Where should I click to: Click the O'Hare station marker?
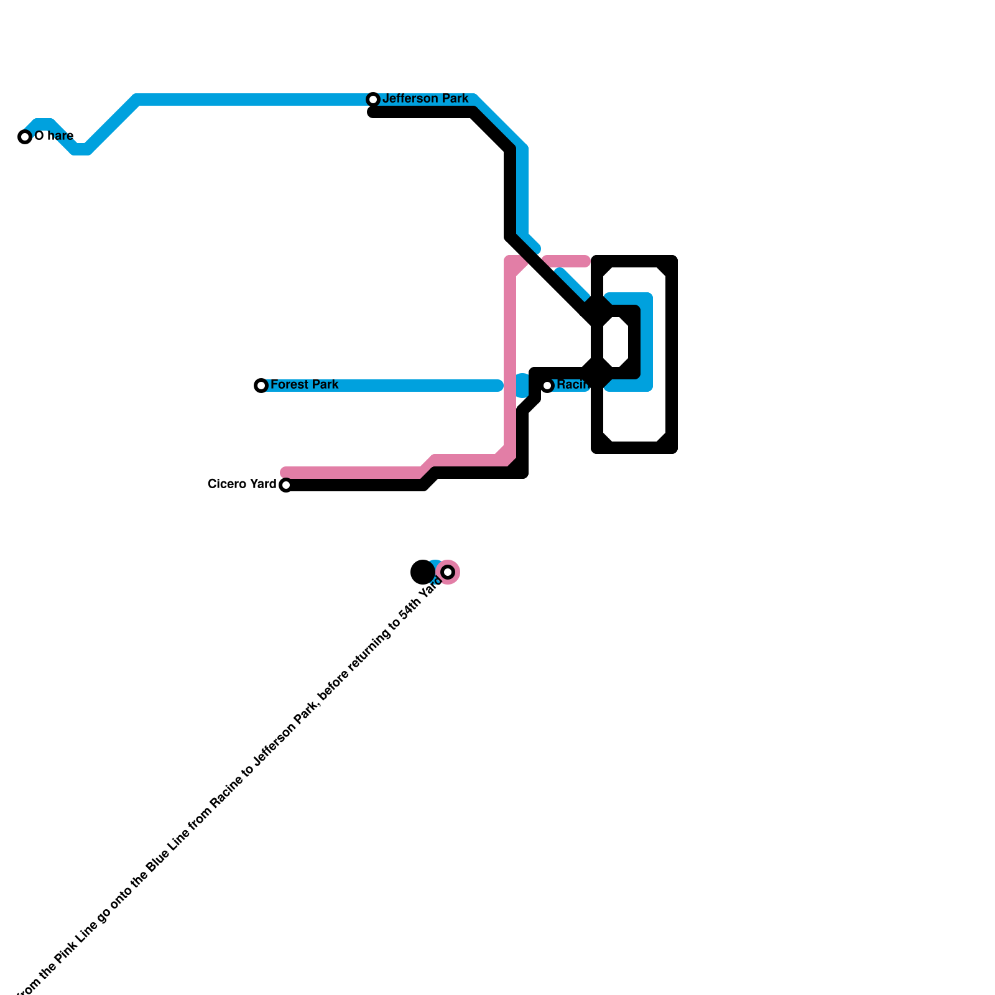(25, 137)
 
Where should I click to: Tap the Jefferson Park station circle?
(373, 99)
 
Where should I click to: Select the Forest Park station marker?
(261, 386)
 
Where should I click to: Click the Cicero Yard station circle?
(285, 485)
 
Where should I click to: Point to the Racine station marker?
(547, 386)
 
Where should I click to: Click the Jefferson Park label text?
(425, 99)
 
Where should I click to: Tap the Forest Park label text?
(304, 385)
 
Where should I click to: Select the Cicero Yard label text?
(242, 484)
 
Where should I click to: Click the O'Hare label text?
(54, 136)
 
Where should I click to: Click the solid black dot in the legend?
(423, 572)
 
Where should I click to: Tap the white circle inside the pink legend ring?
(448, 572)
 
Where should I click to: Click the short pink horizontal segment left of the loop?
(566, 261)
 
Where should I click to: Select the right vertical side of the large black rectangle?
(672, 354)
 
